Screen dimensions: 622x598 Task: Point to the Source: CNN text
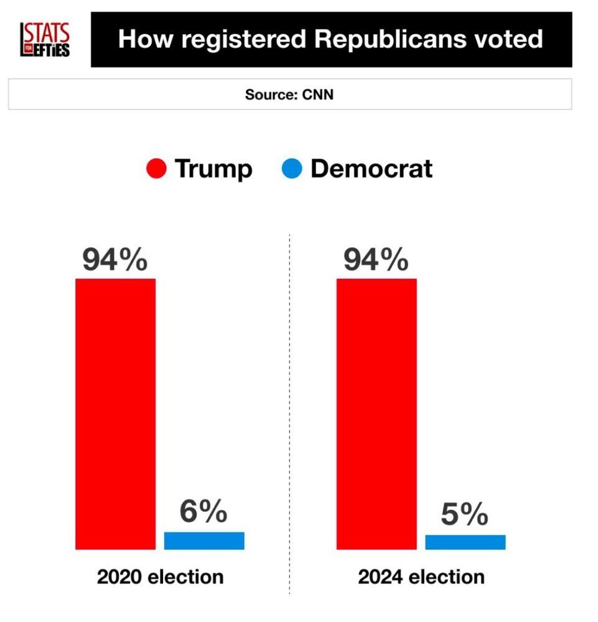[289, 95]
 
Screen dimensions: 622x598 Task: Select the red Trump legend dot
[156, 169]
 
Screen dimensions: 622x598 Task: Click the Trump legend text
[213, 169]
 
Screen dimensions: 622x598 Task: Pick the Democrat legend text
[371, 169]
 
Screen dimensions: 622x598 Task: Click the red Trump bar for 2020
[115, 414]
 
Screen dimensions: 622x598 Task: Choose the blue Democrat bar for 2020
[204, 541]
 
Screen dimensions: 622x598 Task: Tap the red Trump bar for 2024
[376, 414]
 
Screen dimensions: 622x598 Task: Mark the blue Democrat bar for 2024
[465, 542]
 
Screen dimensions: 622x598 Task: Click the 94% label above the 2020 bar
[115, 261]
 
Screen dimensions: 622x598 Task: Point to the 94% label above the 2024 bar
[376, 261]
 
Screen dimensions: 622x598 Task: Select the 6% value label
[203, 512]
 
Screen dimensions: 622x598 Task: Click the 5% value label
[465, 514]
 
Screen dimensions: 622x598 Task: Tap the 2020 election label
[160, 577]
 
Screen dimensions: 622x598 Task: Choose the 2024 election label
[421, 577]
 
